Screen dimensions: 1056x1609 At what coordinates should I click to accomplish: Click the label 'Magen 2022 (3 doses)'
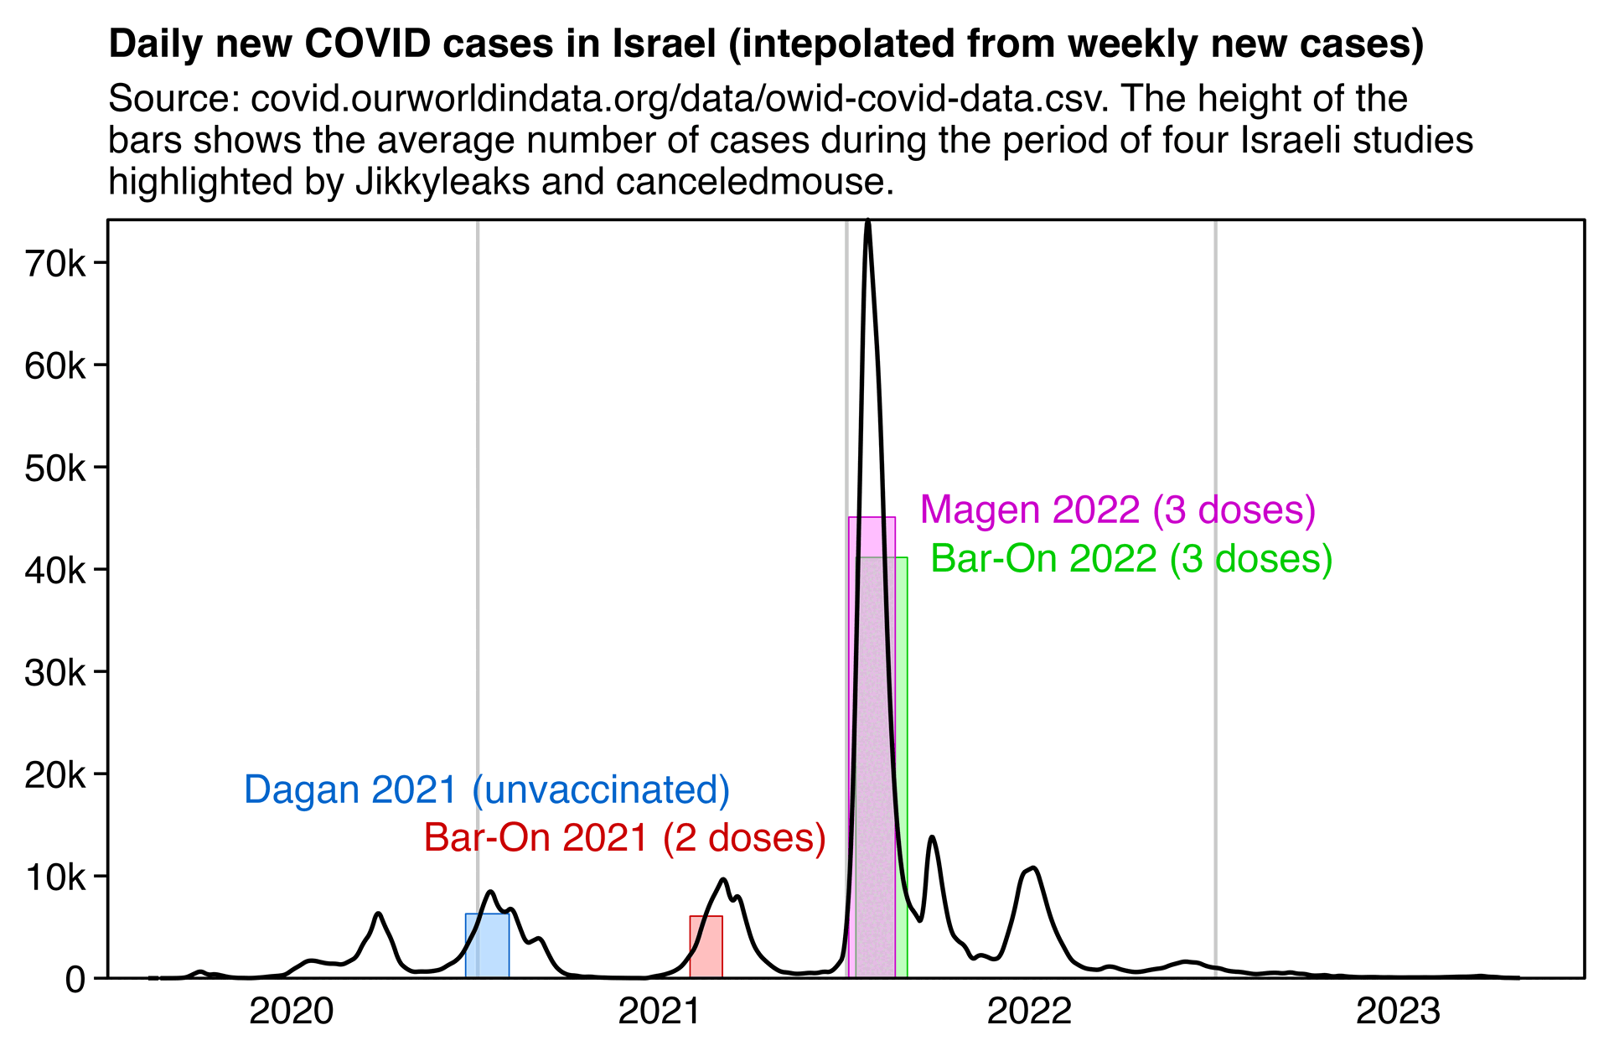(x=1117, y=510)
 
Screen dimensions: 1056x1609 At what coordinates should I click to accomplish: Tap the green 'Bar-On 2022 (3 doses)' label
(x=1131, y=559)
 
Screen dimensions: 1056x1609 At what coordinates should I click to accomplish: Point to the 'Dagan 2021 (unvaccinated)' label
(x=487, y=790)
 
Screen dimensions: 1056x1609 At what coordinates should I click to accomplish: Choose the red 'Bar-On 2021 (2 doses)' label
(x=624, y=838)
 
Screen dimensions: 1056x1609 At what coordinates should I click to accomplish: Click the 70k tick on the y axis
(x=55, y=264)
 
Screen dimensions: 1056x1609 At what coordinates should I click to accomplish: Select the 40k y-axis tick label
(x=55, y=571)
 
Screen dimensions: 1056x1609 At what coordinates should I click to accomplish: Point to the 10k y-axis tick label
(x=55, y=877)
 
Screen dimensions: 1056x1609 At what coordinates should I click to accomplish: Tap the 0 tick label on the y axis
(x=75, y=980)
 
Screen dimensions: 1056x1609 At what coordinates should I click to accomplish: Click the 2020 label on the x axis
(x=291, y=1012)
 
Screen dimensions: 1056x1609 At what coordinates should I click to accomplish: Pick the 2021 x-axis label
(x=660, y=1012)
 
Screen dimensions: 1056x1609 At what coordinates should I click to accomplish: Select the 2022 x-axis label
(x=1029, y=1012)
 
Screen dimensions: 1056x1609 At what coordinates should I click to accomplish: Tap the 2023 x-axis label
(x=1398, y=1012)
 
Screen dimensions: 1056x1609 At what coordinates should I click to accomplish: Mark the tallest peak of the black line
(x=868, y=222)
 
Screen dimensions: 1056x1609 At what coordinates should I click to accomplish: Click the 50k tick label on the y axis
(x=55, y=468)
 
